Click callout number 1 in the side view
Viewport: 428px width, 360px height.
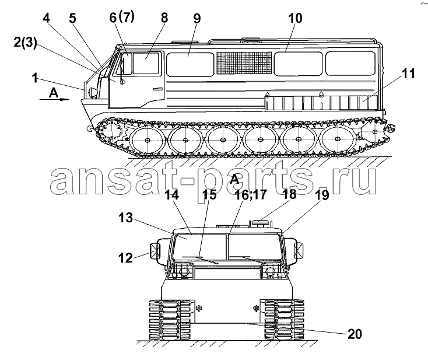(x=34, y=78)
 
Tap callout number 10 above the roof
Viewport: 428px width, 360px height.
(x=295, y=18)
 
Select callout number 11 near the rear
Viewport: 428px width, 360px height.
(x=409, y=74)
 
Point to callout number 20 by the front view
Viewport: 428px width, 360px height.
(x=355, y=334)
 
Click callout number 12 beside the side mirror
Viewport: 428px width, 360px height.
(x=125, y=257)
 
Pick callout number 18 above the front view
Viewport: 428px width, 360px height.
(x=289, y=194)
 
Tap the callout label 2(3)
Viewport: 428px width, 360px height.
(x=25, y=43)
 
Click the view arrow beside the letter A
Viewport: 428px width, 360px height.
(x=55, y=99)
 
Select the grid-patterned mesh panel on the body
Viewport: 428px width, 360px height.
(x=244, y=63)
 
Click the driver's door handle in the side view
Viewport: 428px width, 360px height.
(x=158, y=89)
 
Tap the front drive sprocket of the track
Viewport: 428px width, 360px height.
(x=111, y=132)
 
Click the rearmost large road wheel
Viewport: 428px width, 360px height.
(x=338, y=139)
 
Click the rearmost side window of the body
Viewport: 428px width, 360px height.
(x=350, y=64)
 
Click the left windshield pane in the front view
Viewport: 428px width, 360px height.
(x=199, y=247)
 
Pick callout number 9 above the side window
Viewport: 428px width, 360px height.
(x=197, y=19)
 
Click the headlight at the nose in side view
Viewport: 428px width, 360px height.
(x=93, y=92)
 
